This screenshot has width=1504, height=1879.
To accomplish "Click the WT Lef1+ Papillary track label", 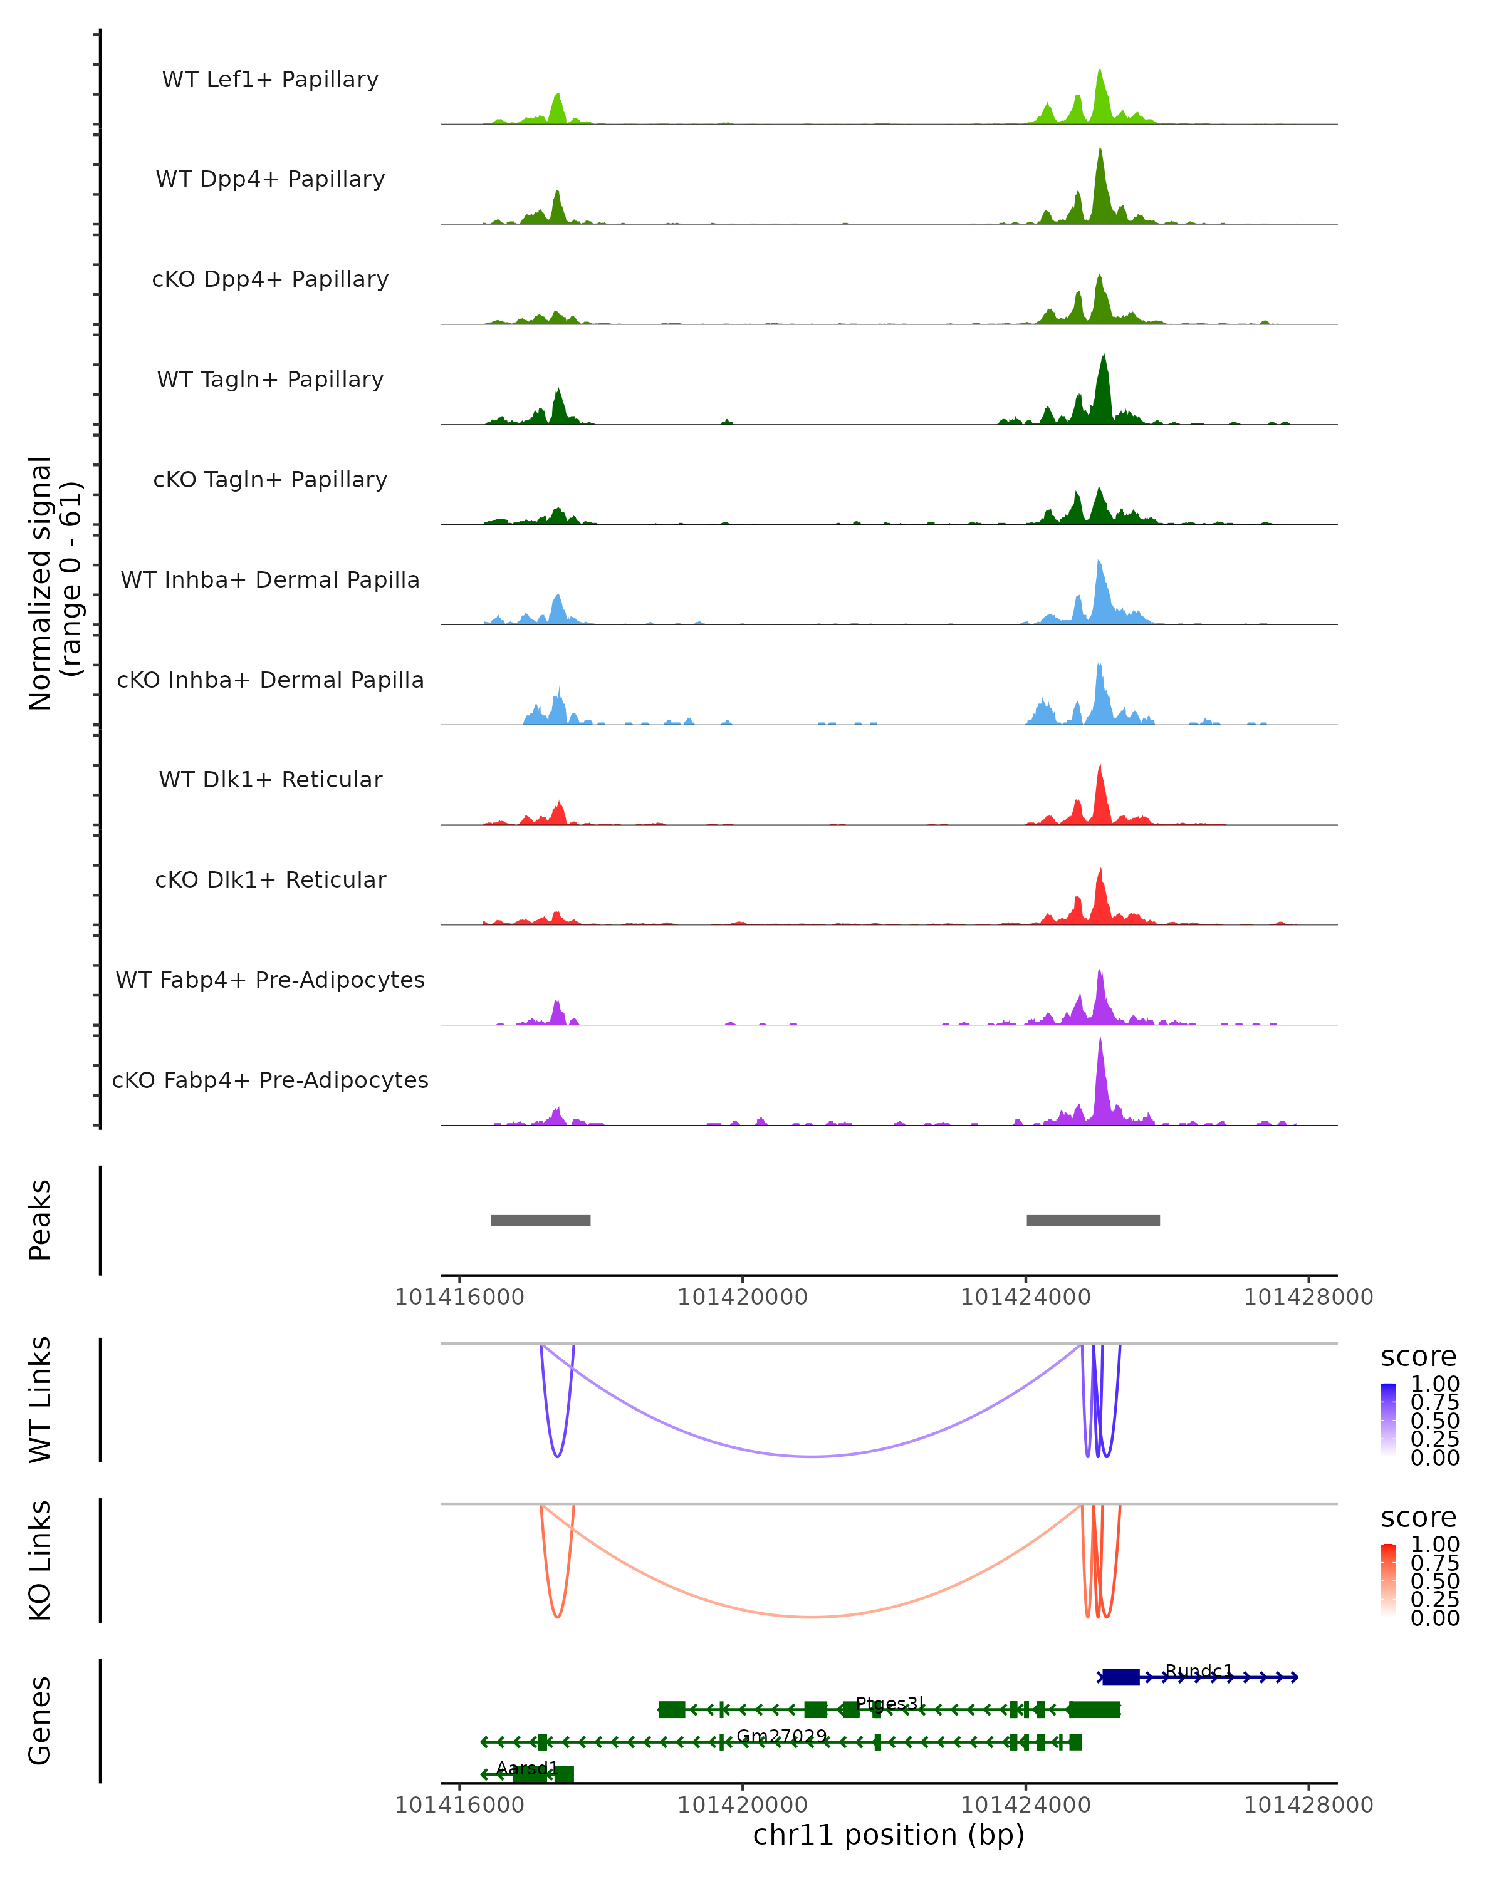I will point(270,80).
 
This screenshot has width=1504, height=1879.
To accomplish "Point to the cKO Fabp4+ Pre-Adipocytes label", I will point(270,1080).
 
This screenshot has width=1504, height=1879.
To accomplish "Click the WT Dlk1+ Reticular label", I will point(270,779).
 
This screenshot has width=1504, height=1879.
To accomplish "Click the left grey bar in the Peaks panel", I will point(541,1220).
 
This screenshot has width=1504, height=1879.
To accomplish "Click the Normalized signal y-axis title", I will point(54,583).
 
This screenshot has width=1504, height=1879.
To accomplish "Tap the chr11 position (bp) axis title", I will point(889,1835).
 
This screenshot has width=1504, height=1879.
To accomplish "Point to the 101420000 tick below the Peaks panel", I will point(743,1297).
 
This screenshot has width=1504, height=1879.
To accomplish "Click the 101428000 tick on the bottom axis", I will point(1308,1805).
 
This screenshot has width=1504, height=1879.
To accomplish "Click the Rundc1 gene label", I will point(1199,1670).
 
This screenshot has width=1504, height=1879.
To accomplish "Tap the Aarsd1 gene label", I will point(526,1768).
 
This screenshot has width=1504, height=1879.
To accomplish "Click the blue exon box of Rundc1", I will point(1120,1677).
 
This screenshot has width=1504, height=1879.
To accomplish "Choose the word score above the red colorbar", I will point(1418,1518).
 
